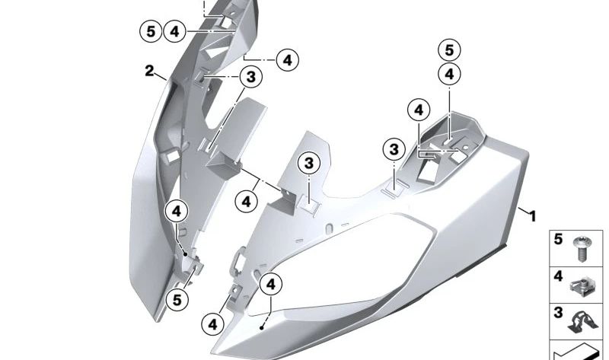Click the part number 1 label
click(x=532, y=216)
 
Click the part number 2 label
click(x=150, y=72)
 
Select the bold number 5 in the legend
click(x=558, y=240)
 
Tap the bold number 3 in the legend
click(x=558, y=312)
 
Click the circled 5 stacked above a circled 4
click(x=449, y=51)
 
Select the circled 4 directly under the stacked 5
click(x=449, y=74)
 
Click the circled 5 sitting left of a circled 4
click(x=151, y=31)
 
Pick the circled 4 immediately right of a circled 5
click(x=174, y=31)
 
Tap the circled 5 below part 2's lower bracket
click(x=177, y=300)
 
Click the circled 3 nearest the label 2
click(x=249, y=77)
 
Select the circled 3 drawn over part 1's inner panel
click(x=308, y=163)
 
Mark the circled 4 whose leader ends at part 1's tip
click(x=271, y=285)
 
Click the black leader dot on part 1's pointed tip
click(x=263, y=326)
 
